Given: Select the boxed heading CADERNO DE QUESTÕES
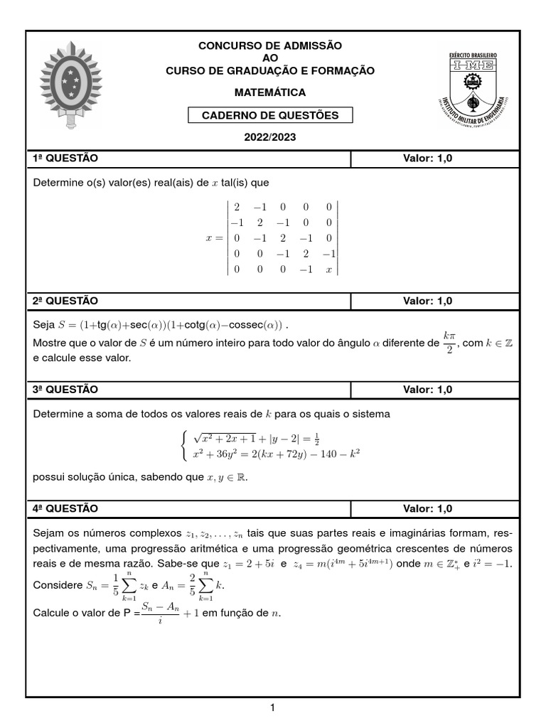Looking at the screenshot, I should coord(269,115).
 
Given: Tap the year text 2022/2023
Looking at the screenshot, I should coord(269,137).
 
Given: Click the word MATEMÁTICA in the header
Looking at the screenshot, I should coord(269,92).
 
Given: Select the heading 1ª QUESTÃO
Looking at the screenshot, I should coord(65,158).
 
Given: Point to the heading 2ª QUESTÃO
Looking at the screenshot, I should coord(65,301).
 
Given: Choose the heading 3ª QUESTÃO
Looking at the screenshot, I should coord(65,390).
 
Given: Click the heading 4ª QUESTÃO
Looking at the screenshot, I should coord(65,508).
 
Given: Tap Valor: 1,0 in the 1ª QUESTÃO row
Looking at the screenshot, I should coord(427,158).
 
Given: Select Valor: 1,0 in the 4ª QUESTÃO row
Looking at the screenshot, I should coord(427,508).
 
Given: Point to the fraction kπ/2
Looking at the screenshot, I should coord(448,343).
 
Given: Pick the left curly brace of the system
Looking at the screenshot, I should coord(185,445).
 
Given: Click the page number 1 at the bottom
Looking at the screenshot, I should coord(272,707).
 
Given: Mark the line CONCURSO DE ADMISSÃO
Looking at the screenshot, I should coord(269,45).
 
